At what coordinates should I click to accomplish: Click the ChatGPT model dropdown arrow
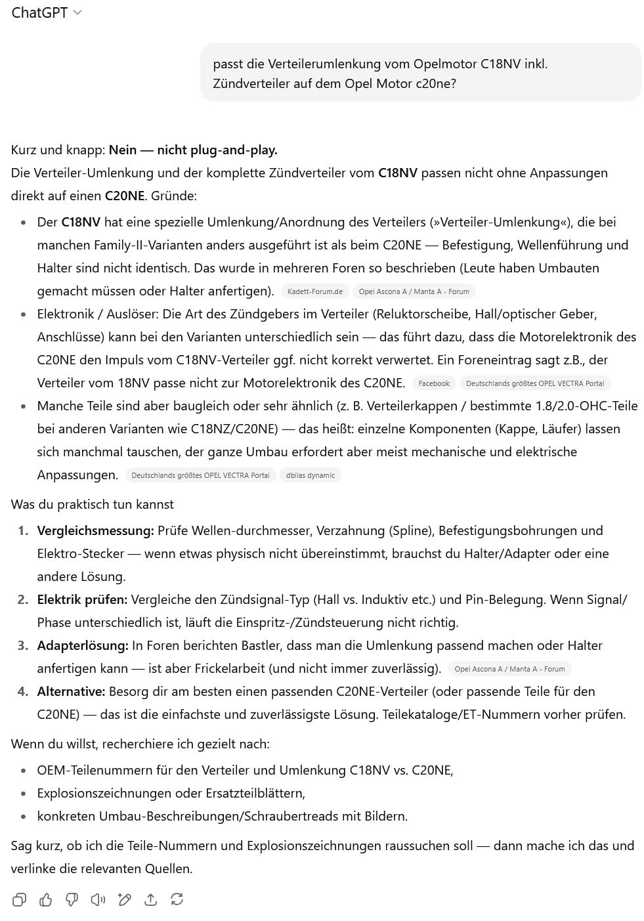pyautogui.click(x=77, y=12)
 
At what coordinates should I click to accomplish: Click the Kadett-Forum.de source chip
pyautogui.click(x=315, y=291)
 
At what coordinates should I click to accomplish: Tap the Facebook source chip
pyautogui.click(x=434, y=383)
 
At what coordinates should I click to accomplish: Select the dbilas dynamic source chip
pyautogui.click(x=311, y=475)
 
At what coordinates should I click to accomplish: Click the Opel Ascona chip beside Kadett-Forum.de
pyautogui.click(x=414, y=291)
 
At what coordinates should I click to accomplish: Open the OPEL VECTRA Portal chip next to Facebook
pyautogui.click(x=535, y=383)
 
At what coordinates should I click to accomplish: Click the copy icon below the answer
pyautogui.click(x=20, y=899)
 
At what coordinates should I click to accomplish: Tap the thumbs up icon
pyautogui.click(x=46, y=899)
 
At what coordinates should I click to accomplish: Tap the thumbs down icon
pyautogui.click(x=72, y=899)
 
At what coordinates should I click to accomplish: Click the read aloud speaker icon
pyautogui.click(x=98, y=899)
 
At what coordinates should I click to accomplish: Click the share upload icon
pyautogui.click(x=151, y=899)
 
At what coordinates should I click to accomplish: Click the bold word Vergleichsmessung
pyautogui.click(x=95, y=530)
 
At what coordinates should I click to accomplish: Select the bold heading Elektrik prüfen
pyautogui.click(x=82, y=599)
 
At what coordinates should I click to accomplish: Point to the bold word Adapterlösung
pyautogui.click(x=83, y=645)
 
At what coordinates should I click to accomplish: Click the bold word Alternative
pyautogui.click(x=71, y=691)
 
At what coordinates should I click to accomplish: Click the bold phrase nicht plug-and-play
pyautogui.click(x=217, y=150)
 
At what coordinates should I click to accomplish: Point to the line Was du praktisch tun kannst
pyautogui.click(x=93, y=504)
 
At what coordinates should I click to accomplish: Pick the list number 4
pyautogui.click(x=23, y=691)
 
